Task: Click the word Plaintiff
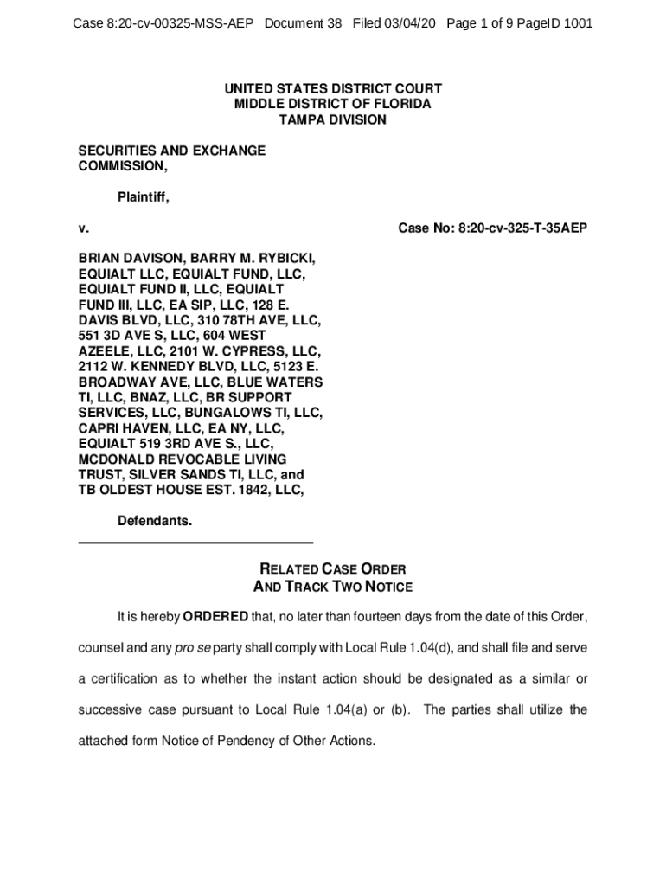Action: click(143, 197)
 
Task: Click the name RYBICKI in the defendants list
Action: click(287, 258)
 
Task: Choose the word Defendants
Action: click(155, 522)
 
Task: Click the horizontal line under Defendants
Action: click(195, 543)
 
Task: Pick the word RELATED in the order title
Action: click(289, 569)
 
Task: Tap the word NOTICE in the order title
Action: click(385, 587)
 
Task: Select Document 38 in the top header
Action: click(303, 24)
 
